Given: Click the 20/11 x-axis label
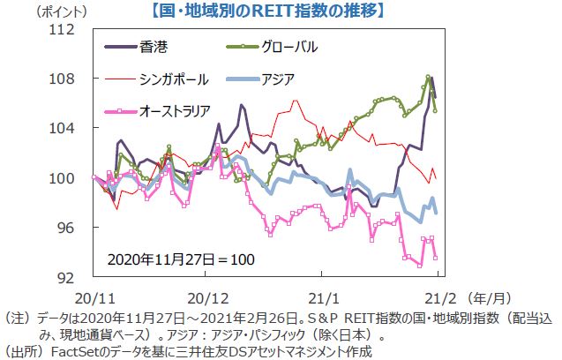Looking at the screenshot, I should click(93, 297).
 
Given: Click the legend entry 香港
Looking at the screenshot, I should click(154, 46).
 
